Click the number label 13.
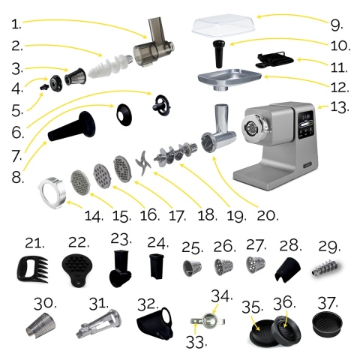click(x=340, y=107)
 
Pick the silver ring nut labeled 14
click(x=52, y=189)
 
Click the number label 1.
click(x=16, y=24)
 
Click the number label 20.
click(x=266, y=214)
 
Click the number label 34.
click(x=219, y=294)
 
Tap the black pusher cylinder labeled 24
click(x=156, y=266)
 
